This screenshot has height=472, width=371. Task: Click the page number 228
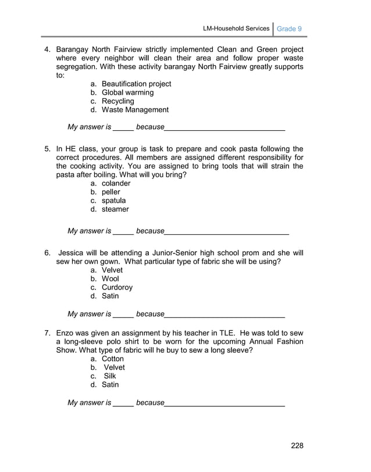coord(297,446)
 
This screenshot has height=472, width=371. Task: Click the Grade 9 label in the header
coord(289,28)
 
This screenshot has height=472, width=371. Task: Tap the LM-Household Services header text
coord(236,28)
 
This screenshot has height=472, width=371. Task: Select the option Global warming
coord(127,92)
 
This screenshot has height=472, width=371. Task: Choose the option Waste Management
coord(135,109)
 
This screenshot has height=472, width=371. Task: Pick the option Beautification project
coord(136,84)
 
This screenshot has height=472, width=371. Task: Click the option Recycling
coord(117,101)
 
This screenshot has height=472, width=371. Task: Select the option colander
coord(116,183)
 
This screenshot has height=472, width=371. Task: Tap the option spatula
coord(113,201)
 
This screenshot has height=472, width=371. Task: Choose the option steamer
coord(115,209)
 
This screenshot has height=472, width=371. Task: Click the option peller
coord(111,192)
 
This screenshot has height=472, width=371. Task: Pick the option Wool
coord(110,279)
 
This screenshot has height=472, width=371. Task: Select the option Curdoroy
coord(117,287)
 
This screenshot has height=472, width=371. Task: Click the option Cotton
coord(113,359)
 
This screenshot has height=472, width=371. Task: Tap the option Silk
coord(109,376)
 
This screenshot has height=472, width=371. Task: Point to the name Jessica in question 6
coord(73,253)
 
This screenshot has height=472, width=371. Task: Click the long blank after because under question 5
coord(227,232)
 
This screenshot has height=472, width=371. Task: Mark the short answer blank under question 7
coord(123,404)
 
